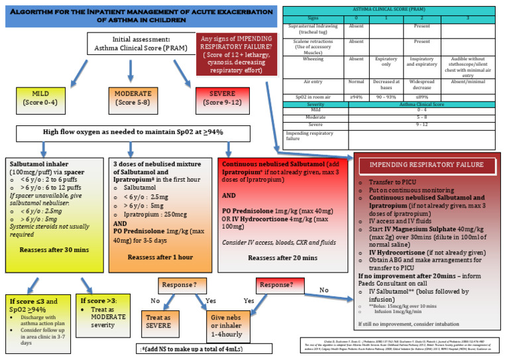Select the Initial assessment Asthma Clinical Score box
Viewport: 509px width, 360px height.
click(x=137, y=43)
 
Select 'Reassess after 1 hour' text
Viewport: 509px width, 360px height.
click(x=160, y=257)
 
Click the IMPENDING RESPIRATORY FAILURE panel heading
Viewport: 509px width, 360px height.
click(x=430, y=164)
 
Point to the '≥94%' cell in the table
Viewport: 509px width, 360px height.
click(x=356, y=97)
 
